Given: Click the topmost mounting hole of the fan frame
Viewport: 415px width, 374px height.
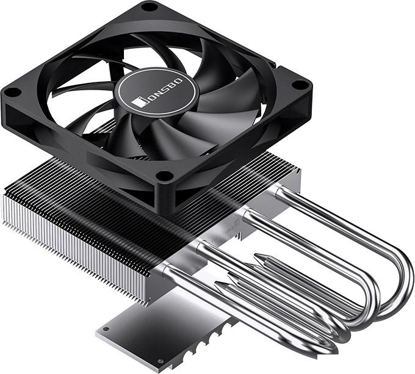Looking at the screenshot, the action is click(x=150, y=7).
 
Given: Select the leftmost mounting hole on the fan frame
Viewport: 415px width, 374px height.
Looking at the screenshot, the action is click(x=13, y=92).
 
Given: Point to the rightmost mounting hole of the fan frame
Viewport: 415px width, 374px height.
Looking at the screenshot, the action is click(x=300, y=84).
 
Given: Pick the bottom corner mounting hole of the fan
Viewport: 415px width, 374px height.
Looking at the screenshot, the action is click(x=165, y=175).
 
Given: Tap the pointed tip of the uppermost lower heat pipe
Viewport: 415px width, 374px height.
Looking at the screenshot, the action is click(x=255, y=256).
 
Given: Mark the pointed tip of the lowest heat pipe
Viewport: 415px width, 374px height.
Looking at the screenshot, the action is click(x=215, y=284).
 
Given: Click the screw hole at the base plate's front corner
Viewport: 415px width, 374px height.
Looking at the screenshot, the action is click(x=160, y=361).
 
